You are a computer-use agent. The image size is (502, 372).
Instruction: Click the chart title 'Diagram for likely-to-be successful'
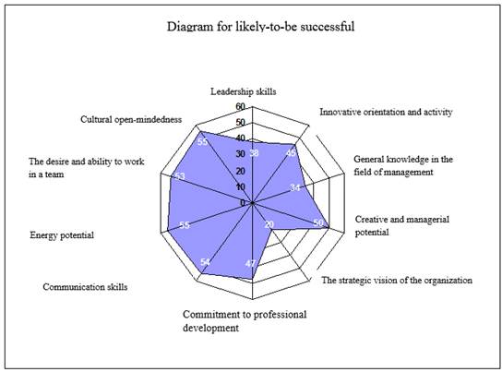[x=260, y=26]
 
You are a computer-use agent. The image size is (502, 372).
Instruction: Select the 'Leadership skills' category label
[x=244, y=91]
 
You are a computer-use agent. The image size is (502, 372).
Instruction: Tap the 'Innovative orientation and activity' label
[x=386, y=112]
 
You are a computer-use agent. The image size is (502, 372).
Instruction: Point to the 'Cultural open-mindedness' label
[x=131, y=119]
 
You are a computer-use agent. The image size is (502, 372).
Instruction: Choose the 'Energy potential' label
[x=62, y=235]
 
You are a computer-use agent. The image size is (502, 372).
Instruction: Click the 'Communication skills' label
[x=85, y=286]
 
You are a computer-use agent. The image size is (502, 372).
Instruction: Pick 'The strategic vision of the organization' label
[x=397, y=280]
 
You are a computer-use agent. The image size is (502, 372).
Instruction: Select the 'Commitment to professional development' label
[x=245, y=321]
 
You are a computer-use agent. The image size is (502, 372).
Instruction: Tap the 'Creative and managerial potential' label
[x=402, y=226]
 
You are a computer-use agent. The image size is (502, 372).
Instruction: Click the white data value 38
[x=254, y=153]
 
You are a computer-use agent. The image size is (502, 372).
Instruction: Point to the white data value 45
[x=291, y=153]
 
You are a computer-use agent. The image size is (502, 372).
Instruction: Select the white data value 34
[x=295, y=187]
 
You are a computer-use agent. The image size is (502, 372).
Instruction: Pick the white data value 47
[x=250, y=263]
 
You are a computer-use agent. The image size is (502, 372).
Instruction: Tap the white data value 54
[x=205, y=262]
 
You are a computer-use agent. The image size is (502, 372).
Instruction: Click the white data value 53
[x=180, y=176]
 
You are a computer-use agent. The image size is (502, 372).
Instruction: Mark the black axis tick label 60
[x=241, y=106]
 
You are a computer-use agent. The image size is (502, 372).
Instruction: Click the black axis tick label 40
[x=241, y=138]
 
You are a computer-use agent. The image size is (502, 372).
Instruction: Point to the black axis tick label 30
[x=241, y=154]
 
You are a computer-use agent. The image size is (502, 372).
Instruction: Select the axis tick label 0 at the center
[x=243, y=203]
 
